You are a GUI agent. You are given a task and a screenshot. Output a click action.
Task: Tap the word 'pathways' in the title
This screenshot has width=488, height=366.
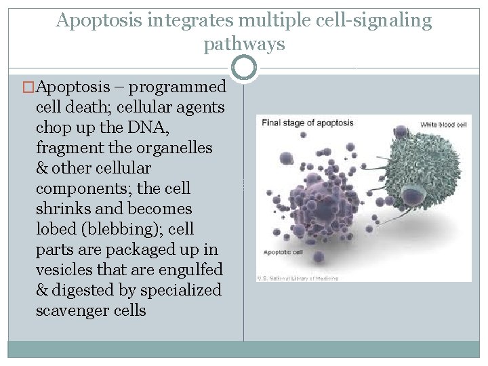[244, 45]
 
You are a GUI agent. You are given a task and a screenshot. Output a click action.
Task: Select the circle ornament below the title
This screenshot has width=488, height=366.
[244, 68]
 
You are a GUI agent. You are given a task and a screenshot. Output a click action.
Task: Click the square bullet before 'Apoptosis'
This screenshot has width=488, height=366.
[28, 87]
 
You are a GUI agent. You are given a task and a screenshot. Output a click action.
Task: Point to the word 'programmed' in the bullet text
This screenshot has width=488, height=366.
[178, 87]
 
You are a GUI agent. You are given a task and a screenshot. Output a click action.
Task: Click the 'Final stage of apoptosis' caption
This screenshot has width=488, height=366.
[308, 123]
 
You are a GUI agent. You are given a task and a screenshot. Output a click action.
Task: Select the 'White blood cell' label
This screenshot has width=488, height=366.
[443, 125]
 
